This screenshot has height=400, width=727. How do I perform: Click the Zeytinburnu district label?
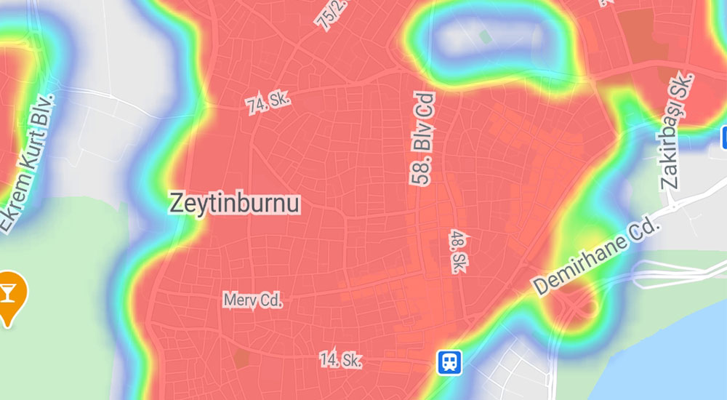(x=234, y=203)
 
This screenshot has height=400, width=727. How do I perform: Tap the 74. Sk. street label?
(x=268, y=103)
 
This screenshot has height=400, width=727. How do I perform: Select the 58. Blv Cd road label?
(x=422, y=138)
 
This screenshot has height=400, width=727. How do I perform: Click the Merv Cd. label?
(x=252, y=299)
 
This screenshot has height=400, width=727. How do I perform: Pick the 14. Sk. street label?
(x=341, y=359)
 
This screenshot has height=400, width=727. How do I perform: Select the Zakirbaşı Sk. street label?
(x=678, y=131)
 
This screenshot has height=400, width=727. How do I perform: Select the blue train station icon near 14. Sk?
(x=449, y=361)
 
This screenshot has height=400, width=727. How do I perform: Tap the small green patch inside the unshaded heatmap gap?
(x=485, y=36)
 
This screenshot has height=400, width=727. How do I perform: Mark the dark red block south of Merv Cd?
(x=241, y=358)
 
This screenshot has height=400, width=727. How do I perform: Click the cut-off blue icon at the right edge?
(x=724, y=136)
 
